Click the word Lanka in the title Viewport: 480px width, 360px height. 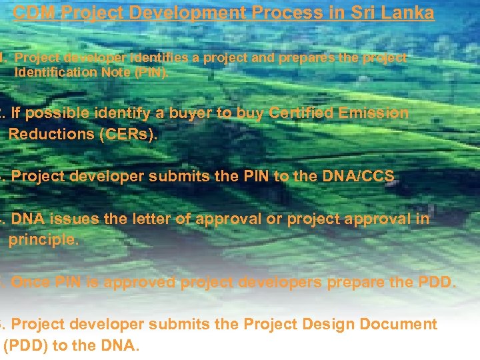pos(409,13)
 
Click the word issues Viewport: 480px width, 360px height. pos(67,219)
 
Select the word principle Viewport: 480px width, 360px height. pos(43,239)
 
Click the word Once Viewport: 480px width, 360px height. pos(31,282)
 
